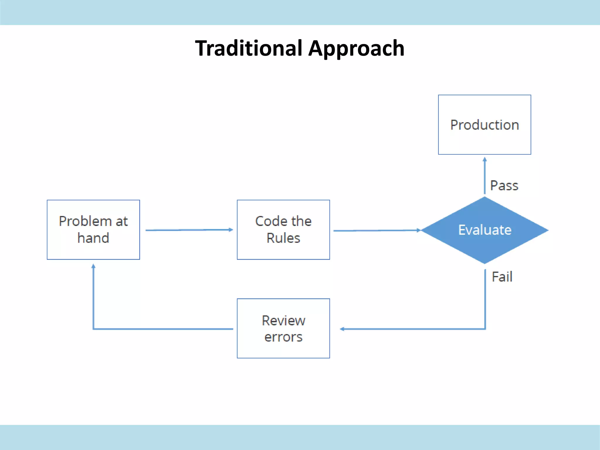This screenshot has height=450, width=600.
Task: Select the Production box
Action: click(484, 125)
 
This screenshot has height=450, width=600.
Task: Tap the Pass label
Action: click(504, 186)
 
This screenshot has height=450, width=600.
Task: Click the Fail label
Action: click(502, 277)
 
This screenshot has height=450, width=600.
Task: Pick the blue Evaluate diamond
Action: click(485, 230)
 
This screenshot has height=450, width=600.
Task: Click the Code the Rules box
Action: click(283, 230)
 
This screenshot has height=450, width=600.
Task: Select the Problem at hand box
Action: click(93, 230)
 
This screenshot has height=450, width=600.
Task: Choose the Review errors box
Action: click(283, 328)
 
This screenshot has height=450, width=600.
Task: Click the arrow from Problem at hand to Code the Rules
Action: click(189, 230)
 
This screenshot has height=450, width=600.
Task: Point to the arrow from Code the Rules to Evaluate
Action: click(376, 231)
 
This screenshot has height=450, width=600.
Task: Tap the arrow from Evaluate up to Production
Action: click(485, 176)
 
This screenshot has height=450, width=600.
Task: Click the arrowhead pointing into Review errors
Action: click(342, 329)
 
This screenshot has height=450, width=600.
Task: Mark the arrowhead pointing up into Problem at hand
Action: click(93, 266)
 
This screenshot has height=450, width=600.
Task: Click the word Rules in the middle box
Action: click(283, 238)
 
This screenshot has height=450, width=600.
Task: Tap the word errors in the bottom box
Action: click(283, 337)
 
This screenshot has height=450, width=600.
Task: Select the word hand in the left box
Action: click(93, 238)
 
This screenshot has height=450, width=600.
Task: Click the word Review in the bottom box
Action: click(283, 321)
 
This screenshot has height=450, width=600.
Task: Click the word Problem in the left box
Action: click(85, 221)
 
